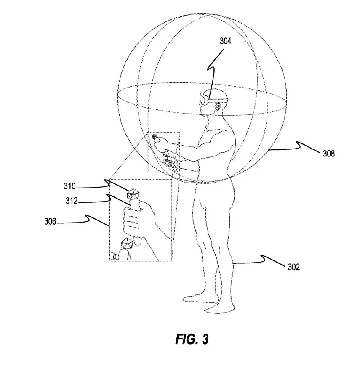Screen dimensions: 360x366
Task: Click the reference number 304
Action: point(225,41)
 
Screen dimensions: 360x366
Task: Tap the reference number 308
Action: point(328,154)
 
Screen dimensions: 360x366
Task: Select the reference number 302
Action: point(293,267)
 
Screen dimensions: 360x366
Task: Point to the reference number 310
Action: point(69,186)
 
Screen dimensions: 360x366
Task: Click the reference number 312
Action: point(72,201)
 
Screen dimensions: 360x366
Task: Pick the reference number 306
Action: point(50,221)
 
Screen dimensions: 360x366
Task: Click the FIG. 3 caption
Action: point(192,339)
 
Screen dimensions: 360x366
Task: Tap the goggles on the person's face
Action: point(204,99)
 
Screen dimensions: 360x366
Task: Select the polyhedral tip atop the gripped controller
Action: point(133,194)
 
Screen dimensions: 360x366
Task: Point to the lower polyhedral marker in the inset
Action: point(127,244)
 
